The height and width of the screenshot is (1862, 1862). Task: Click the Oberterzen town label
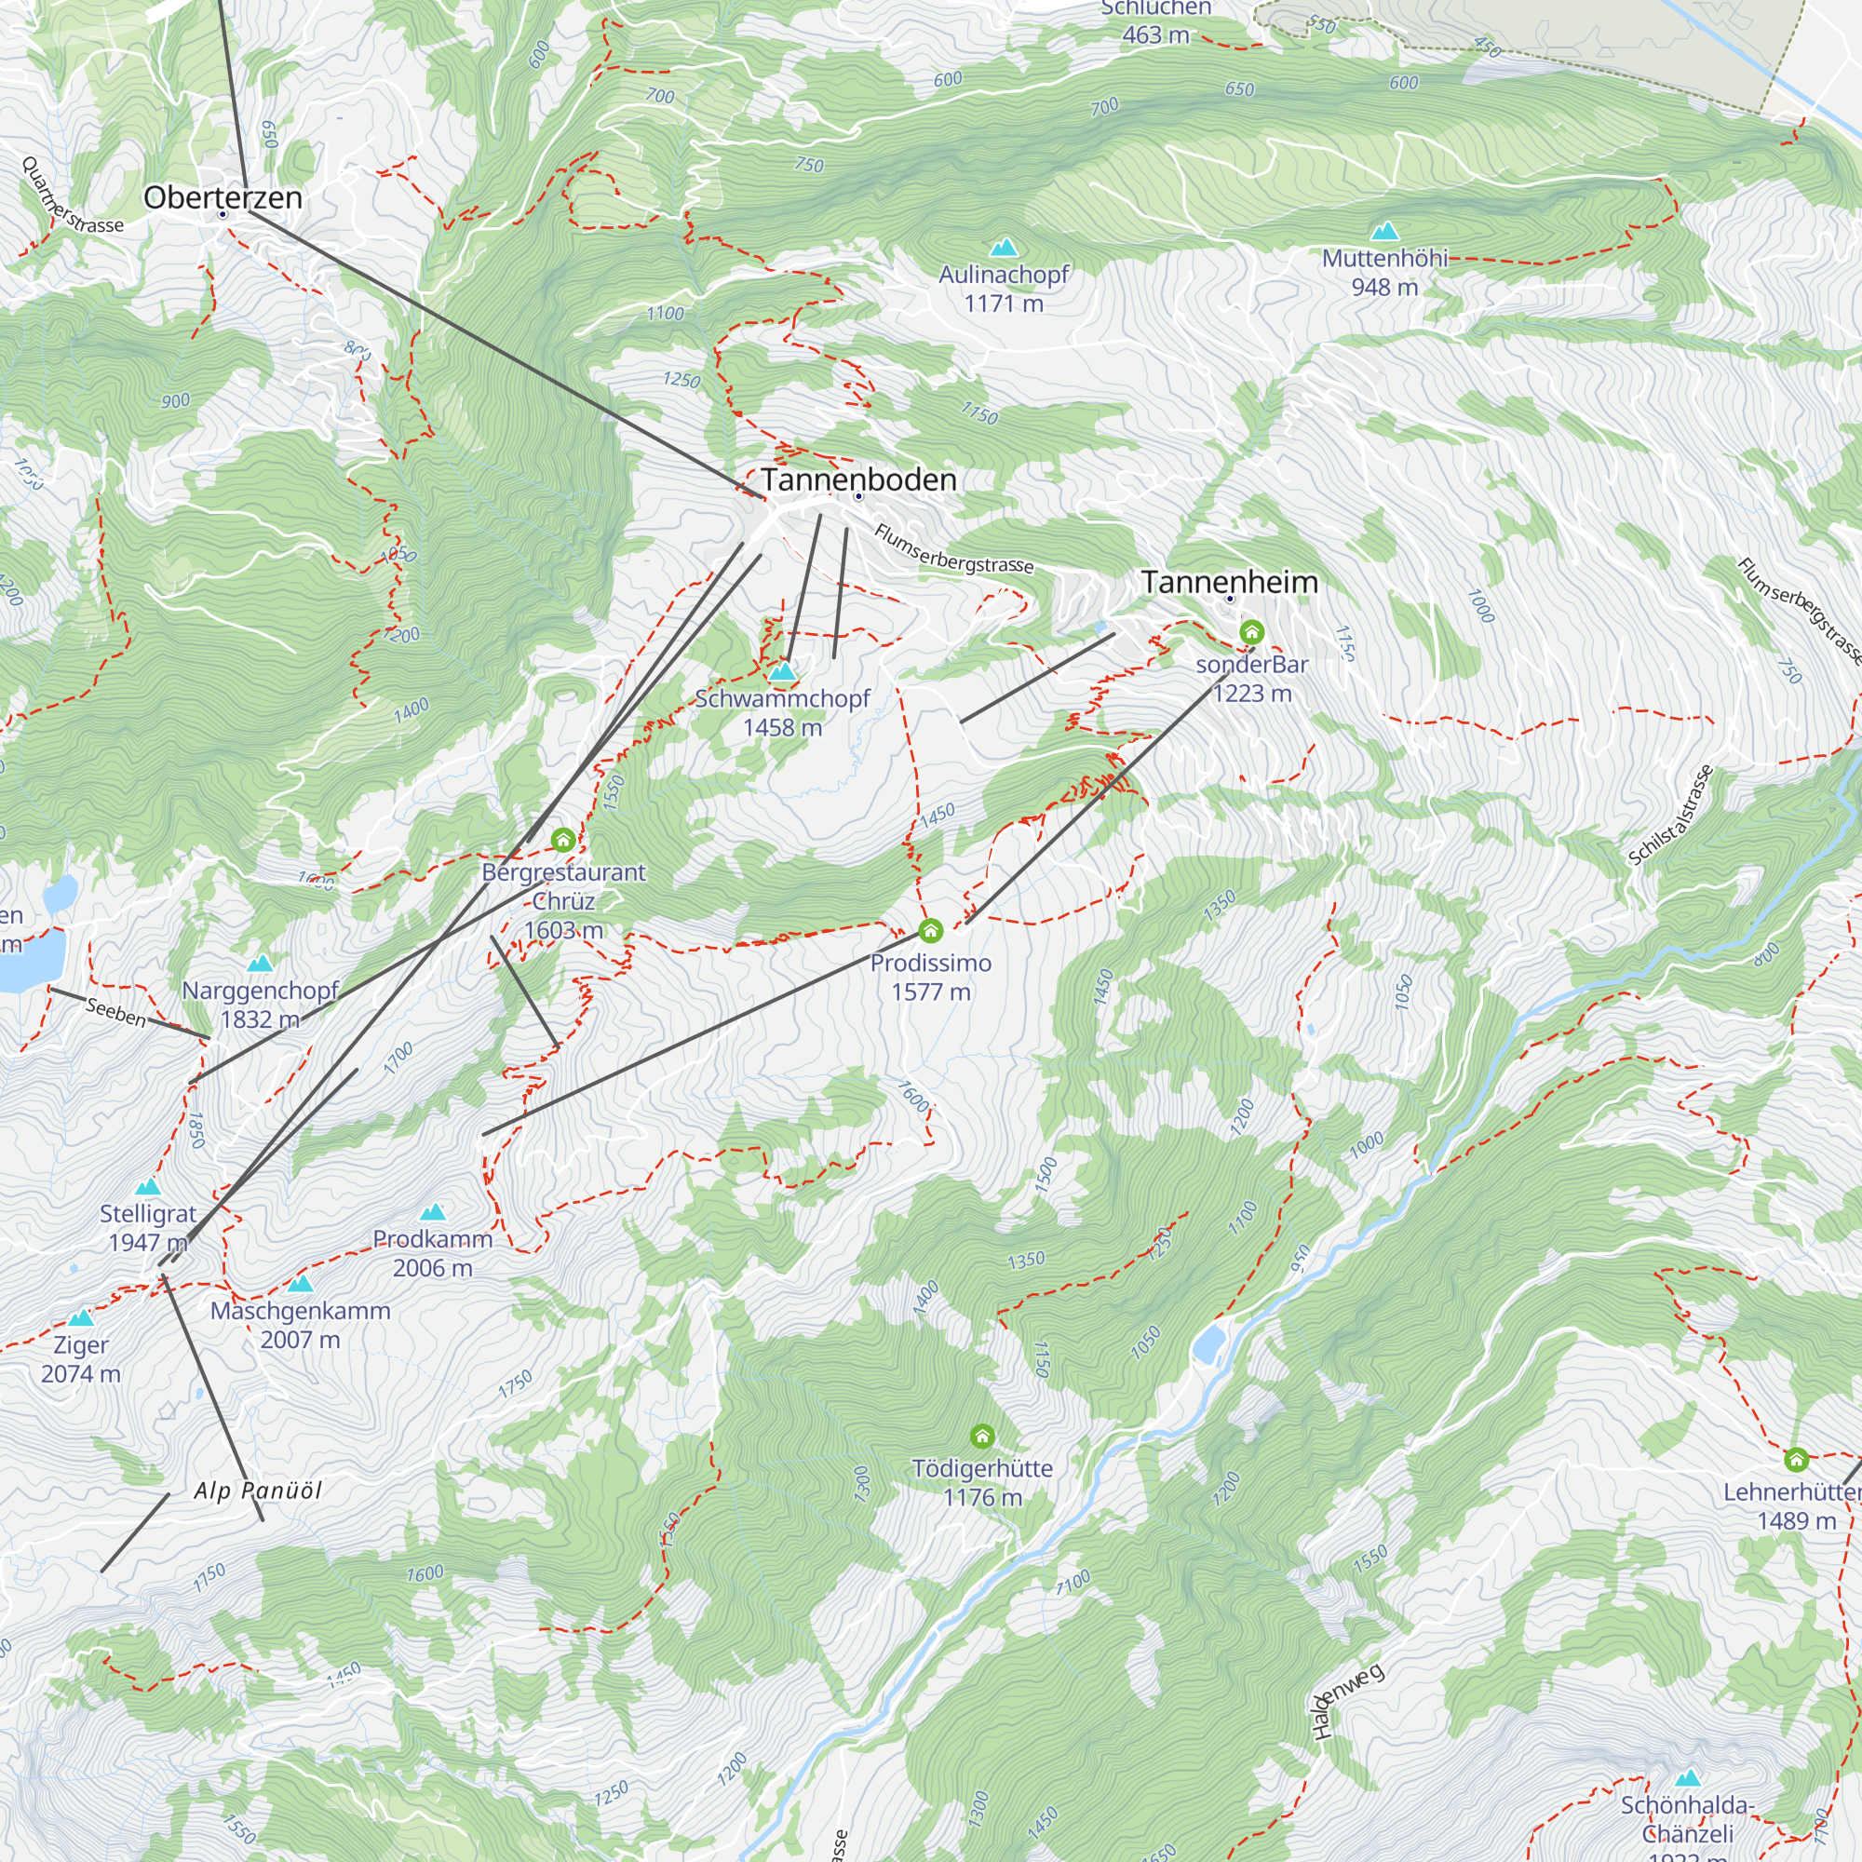click(223, 197)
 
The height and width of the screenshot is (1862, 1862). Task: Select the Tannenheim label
click(1229, 582)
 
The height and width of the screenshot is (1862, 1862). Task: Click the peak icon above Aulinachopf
click(1005, 248)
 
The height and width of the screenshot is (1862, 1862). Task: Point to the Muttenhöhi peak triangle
click(1385, 231)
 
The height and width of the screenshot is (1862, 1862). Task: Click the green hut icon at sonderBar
click(1251, 632)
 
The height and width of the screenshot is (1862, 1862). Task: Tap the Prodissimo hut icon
click(930, 931)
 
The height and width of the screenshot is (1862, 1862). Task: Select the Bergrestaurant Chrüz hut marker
click(563, 841)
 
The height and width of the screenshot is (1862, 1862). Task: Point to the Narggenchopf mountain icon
click(261, 964)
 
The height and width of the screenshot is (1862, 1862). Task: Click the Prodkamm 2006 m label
click(433, 1253)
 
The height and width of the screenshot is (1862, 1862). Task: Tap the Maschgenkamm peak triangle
click(301, 1284)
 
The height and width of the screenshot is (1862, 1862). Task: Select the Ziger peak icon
click(81, 1317)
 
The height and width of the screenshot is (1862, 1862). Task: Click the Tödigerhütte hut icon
click(982, 1437)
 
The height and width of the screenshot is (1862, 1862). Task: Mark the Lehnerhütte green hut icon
click(1796, 1460)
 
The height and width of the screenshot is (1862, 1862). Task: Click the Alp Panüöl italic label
click(258, 1491)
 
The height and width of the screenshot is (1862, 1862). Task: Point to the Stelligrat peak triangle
click(147, 1187)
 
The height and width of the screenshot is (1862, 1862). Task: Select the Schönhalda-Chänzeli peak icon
click(1688, 1778)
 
